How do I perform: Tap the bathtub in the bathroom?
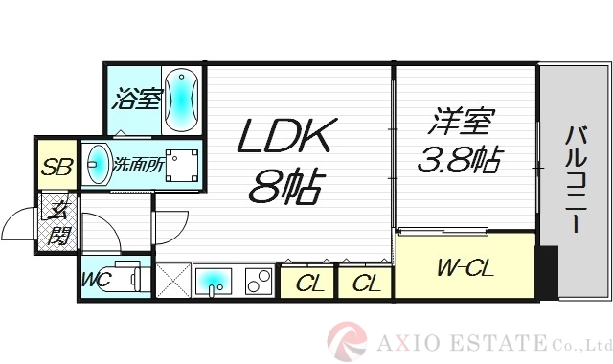pyautogui.click(x=181, y=99)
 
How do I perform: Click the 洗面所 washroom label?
pyautogui.click(x=138, y=165)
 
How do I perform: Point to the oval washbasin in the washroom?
pyautogui.click(x=97, y=165)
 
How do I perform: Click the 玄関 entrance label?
pyautogui.click(x=58, y=222)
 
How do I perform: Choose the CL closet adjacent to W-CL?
pyautogui.click(x=364, y=284)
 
